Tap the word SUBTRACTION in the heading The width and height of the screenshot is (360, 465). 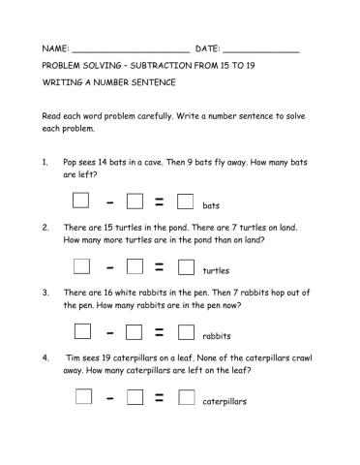pos(165,67)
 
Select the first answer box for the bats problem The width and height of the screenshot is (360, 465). pos(81,201)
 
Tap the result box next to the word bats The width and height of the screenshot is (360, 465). pos(187,202)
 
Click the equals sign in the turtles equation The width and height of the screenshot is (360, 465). pos(160,266)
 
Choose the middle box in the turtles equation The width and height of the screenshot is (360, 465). pos(135,266)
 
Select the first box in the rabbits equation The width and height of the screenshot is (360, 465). pos(81,332)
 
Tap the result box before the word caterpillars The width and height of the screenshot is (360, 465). pos(187,397)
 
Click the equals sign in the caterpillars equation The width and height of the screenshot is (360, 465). pos(160,398)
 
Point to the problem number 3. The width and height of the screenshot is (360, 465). pos(45,292)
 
